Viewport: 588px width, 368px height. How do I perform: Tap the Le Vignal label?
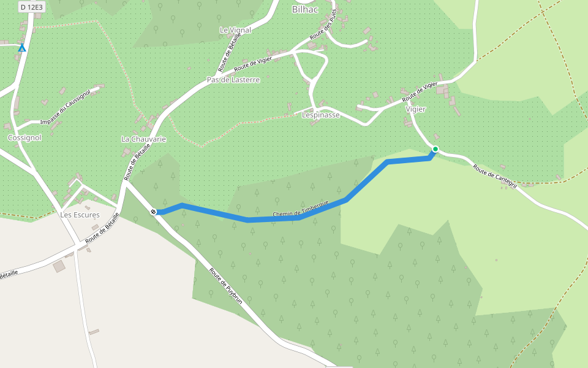click(235, 29)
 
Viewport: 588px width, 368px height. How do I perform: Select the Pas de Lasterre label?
click(233, 80)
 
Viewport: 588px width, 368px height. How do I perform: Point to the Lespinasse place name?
click(320, 115)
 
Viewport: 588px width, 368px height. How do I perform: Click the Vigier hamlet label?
click(415, 109)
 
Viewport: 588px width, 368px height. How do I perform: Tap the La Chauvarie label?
click(143, 139)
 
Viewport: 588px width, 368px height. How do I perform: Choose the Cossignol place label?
click(24, 138)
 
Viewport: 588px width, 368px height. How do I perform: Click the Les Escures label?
click(80, 215)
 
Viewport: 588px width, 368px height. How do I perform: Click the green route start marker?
click(435, 149)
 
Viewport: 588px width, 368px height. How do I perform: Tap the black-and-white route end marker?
click(154, 212)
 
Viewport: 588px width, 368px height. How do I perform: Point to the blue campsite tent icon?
click(22, 47)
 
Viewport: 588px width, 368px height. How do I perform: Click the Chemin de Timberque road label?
click(301, 209)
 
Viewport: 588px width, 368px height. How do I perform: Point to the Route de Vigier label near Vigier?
click(420, 92)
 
